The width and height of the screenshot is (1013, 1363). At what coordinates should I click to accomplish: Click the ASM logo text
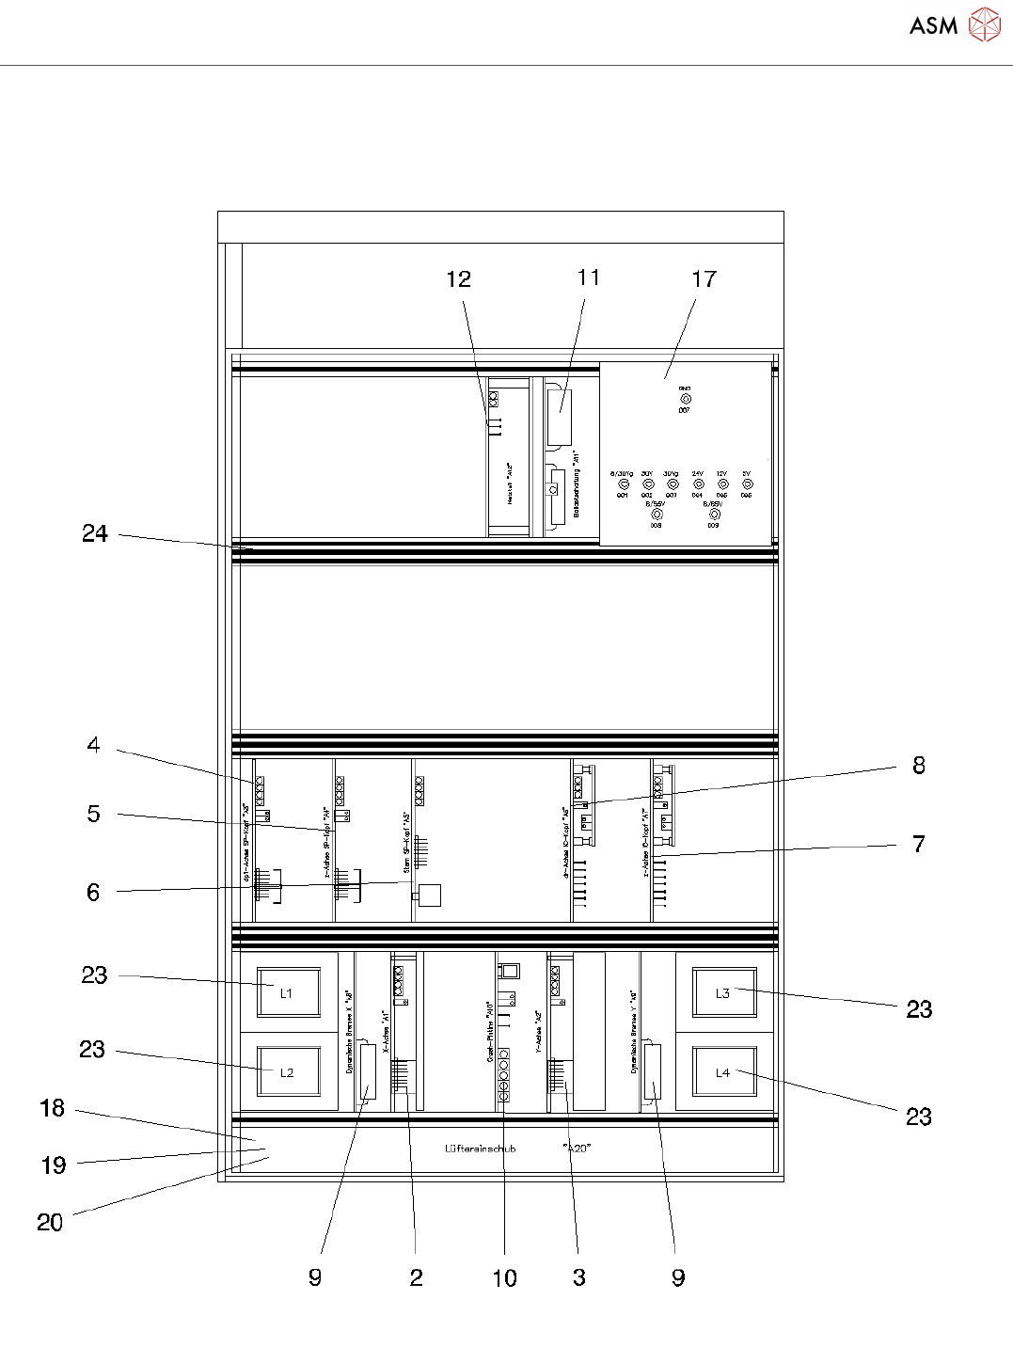pyautogui.click(x=933, y=26)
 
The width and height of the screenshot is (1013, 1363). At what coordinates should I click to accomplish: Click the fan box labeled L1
pyautogui.click(x=286, y=993)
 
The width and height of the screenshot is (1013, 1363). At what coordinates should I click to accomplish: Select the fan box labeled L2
pyautogui.click(x=287, y=1072)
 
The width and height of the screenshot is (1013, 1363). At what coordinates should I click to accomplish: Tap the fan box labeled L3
pyautogui.click(x=722, y=993)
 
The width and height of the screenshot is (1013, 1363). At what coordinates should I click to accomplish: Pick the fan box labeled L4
pyautogui.click(x=722, y=1072)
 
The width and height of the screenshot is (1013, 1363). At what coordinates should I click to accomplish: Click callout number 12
pyautogui.click(x=458, y=279)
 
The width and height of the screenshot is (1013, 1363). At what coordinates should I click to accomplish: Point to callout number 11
pyautogui.click(x=588, y=277)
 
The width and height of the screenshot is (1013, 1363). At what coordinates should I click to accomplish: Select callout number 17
pyautogui.click(x=704, y=279)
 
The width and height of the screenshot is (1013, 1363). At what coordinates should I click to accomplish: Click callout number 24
pyautogui.click(x=94, y=533)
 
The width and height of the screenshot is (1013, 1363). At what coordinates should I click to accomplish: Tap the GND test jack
pyautogui.click(x=685, y=399)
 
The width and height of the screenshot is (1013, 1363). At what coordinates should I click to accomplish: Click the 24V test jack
pyautogui.click(x=698, y=484)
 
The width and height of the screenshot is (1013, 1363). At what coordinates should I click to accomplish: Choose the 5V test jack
pyautogui.click(x=747, y=484)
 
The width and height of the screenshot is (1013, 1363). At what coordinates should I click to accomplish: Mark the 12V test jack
pyautogui.click(x=722, y=484)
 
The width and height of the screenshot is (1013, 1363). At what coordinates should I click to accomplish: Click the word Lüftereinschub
pyautogui.click(x=480, y=1149)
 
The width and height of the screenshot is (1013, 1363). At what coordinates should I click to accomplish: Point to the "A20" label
pyautogui.click(x=577, y=1149)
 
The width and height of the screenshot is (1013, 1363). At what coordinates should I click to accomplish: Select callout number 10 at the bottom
pyautogui.click(x=504, y=1277)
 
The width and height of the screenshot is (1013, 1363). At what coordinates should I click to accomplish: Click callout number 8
pyautogui.click(x=919, y=765)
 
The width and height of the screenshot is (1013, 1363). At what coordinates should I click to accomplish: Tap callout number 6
pyautogui.click(x=93, y=892)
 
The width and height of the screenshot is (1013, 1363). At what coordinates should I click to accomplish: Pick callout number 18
pyautogui.click(x=53, y=1108)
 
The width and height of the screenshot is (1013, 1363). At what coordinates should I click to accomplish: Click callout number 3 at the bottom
pyautogui.click(x=579, y=1277)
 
